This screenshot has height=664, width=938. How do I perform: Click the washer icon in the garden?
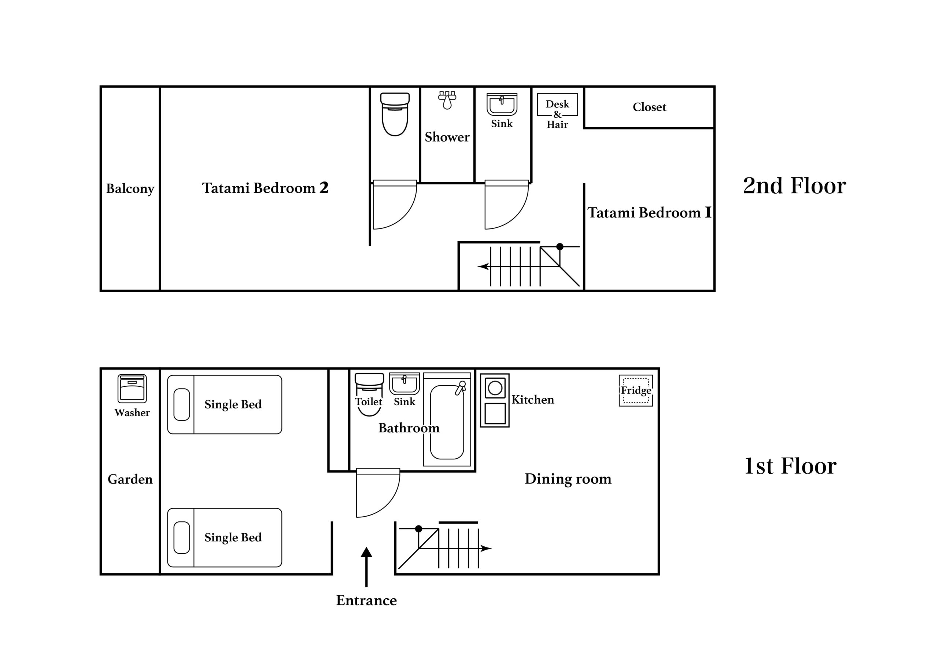coord(132,388)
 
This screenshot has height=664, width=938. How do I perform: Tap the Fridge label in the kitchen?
coord(636,390)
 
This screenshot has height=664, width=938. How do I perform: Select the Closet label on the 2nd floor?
coord(649,107)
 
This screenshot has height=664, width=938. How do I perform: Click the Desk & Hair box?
coord(557,104)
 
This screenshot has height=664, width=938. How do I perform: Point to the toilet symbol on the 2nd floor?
coord(395,114)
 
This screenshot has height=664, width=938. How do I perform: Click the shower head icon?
coord(447,100)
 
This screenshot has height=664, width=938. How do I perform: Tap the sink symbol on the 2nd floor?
coord(502,104)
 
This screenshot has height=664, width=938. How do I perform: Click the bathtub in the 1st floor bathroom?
coord(447,419)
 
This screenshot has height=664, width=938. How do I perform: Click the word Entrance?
coord(366,600)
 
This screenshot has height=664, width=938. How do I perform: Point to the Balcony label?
coord(130,189)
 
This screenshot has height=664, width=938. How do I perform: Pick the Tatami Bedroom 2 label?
coord(265,188)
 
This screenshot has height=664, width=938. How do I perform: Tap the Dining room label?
coord(568,479)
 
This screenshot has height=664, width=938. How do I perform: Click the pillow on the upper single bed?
coord(182,404)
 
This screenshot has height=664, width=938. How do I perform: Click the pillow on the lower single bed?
coord(182,538)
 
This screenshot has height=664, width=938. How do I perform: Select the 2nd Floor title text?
coord(794,186)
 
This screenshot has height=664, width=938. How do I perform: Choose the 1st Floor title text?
coord(790,466)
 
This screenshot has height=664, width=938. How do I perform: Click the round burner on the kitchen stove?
coord(495,388)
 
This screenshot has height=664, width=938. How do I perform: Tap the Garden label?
coord(130,479)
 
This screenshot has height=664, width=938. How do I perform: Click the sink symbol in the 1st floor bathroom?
coord(405,384)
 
